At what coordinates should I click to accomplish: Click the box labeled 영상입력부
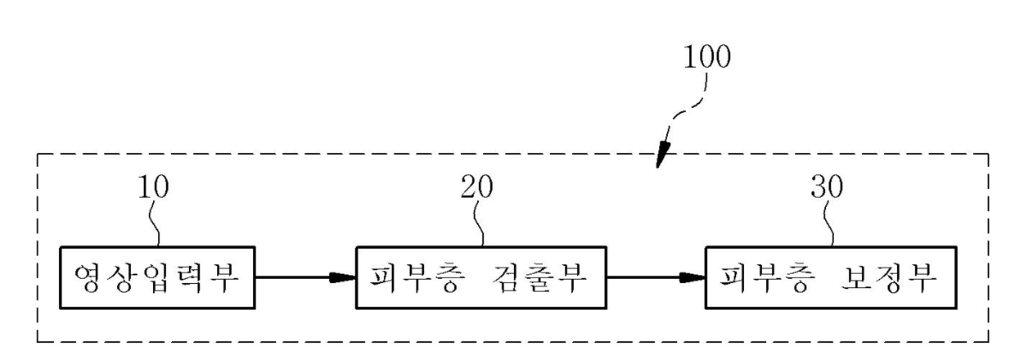pyautogui.click(x=157, y=277)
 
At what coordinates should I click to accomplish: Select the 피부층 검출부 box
pyautogui.click(x=480, y=277)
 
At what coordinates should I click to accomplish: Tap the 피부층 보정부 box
pyautogui.click(x=832, y=277)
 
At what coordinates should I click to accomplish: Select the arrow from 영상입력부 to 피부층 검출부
pyautogui.click(x=304, y=277)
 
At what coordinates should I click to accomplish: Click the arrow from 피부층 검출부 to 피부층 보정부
pyautogui.click(x=655, y=277)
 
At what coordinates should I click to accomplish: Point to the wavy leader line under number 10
pyautogui.click(x=154, y=223)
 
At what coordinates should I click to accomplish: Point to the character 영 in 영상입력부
pyautogui.click(x=89, y=277)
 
